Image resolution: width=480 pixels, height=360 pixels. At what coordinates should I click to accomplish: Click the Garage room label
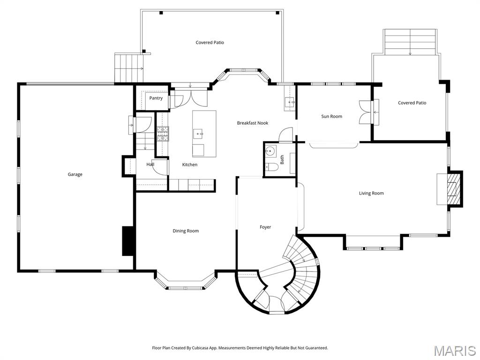(x=75, y=174)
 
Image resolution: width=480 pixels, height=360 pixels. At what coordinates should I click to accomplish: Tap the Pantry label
(x=156, y=98)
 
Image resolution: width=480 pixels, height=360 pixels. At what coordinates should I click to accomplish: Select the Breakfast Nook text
(x=252, y=123)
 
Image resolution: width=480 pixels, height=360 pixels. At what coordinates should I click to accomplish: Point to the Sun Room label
(x=331, y=116)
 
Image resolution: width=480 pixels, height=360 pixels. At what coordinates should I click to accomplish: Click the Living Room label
(x=371, y=193)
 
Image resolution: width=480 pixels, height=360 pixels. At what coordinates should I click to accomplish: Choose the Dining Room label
(x=186, y=231)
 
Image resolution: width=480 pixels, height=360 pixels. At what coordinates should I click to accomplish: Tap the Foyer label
(x=265, y=227)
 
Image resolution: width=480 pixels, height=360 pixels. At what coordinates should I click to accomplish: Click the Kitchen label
(x=190, y=165)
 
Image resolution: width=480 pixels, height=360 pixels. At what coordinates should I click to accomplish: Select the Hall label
(x=150, y=165)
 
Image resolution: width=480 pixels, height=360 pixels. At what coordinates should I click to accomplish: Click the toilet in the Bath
(x=270, y=166)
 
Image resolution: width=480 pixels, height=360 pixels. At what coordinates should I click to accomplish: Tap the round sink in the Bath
(x=270, y=151)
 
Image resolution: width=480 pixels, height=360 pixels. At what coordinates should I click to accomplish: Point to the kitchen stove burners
(x=163, y=134)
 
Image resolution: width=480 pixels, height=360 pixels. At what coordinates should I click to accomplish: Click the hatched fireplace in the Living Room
(x=453, y=189)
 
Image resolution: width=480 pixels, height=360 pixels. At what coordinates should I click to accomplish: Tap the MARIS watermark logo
(x=455, y=350)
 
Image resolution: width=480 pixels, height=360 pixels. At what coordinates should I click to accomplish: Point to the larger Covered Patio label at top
(x=210, y=43)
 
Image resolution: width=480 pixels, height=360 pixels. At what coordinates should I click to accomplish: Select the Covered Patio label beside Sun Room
(x=412, y=103)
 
